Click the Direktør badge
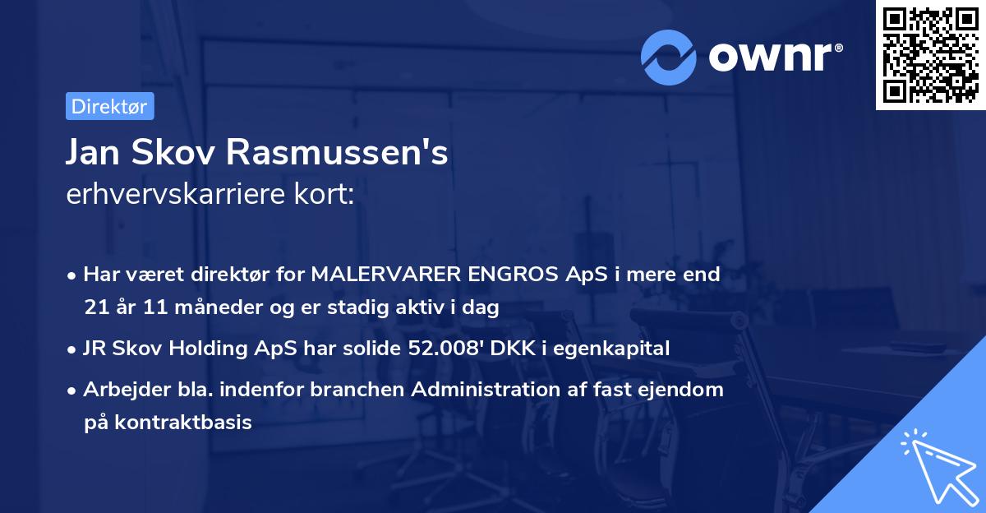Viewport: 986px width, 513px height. click(x=109, y=106)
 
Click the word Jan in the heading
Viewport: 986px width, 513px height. click(x=92, y=152)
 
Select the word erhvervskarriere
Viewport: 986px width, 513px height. click(x=173, y=196)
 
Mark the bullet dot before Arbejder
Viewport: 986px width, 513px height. click(x=73, y=391)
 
